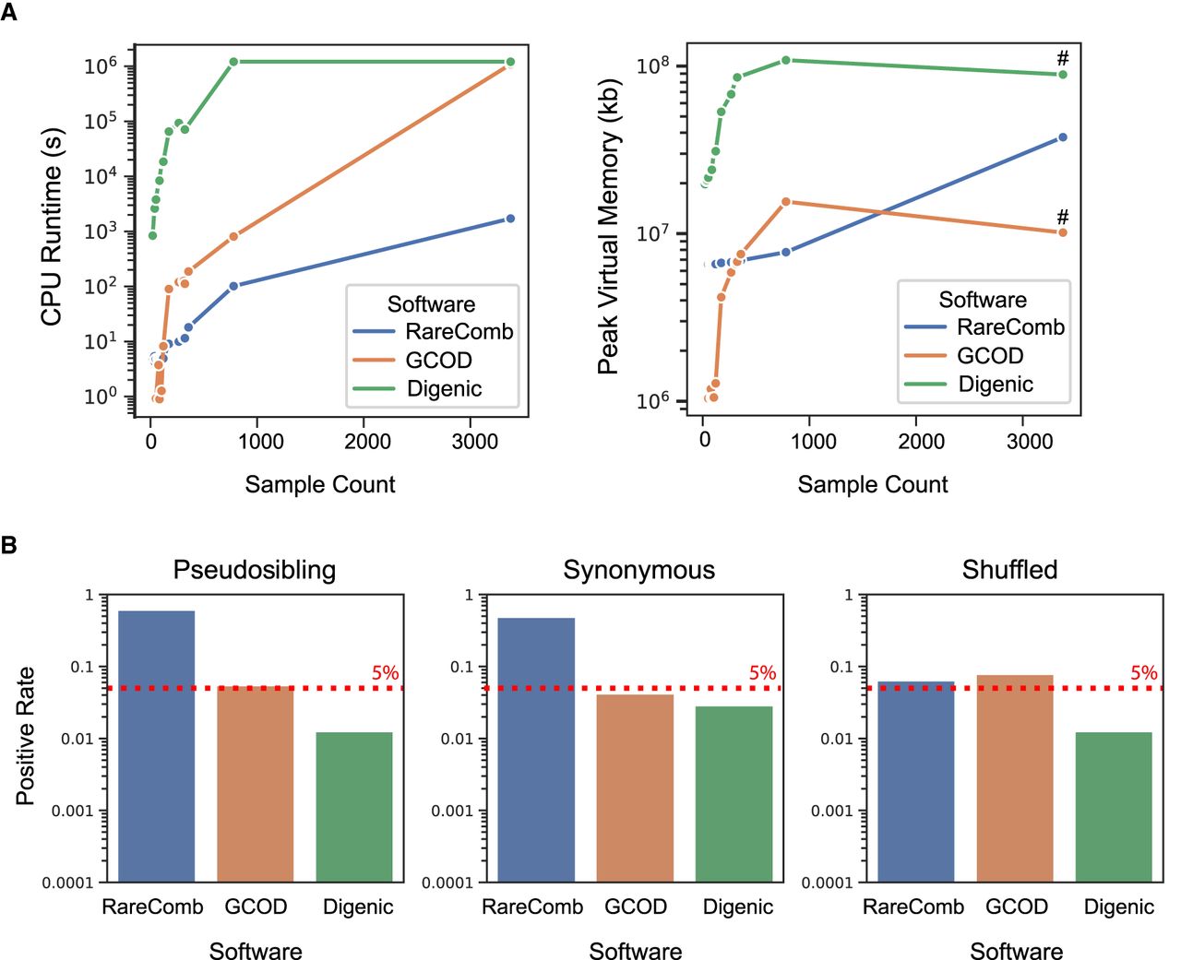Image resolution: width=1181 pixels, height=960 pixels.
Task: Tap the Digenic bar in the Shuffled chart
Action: point(1114,807)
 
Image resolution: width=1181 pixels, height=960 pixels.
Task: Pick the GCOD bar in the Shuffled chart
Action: point(1015,778)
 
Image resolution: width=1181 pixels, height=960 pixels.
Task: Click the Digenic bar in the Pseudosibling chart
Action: point(353,807)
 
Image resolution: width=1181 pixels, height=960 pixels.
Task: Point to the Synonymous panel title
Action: point(638,570)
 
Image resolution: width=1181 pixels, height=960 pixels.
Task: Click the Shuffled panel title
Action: point(1009,570)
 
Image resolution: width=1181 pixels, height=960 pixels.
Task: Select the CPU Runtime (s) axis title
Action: point(52,226)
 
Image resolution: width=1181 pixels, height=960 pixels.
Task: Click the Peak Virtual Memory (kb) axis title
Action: point(608,227)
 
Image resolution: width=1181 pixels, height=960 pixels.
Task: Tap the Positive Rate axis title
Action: point(25,736)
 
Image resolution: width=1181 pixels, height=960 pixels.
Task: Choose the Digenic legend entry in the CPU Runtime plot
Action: point(444,389)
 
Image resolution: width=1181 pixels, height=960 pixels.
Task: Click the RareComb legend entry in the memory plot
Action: point(1010,327)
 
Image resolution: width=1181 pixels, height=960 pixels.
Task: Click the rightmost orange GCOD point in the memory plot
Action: point(1063,232)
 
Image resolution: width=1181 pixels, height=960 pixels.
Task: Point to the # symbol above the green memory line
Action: point(1063,59)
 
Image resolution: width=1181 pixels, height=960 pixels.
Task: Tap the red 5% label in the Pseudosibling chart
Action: point(385,673)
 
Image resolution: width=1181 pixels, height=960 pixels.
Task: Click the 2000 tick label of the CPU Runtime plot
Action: point(368,442)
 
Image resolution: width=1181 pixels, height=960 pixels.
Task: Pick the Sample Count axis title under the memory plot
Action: point(872,485)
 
